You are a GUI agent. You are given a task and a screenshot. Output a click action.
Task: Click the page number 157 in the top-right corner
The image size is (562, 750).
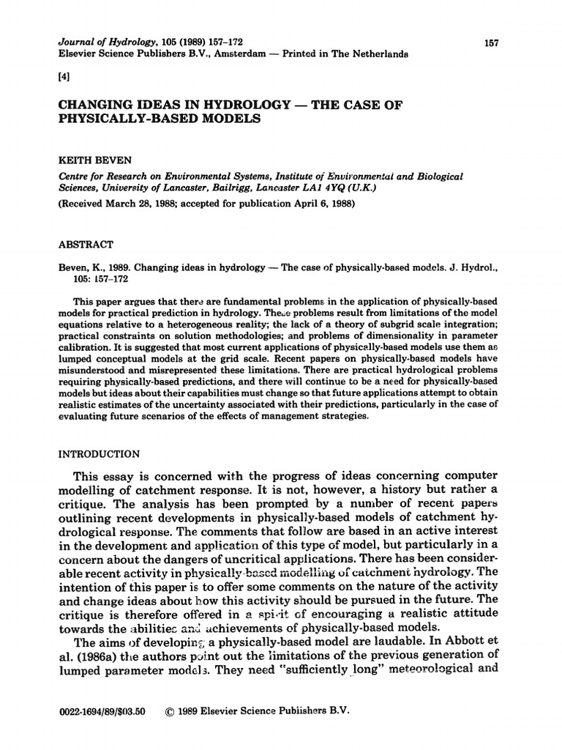click(x=491, y=44)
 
